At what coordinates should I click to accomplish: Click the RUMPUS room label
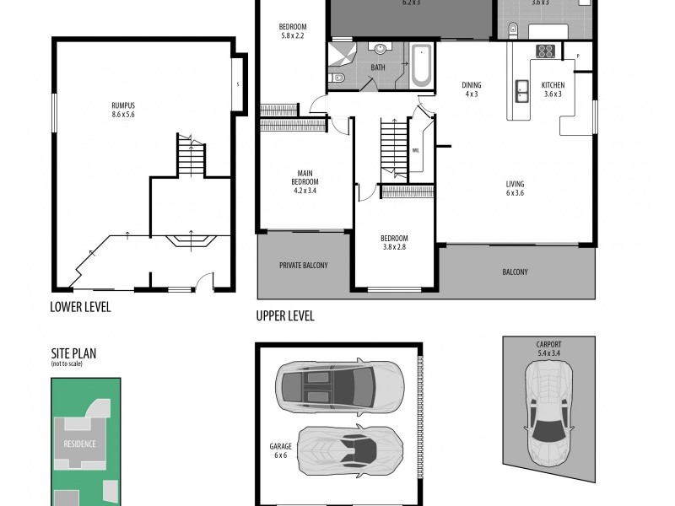click(123, 109)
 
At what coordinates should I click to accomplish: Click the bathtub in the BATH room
click(420, 67)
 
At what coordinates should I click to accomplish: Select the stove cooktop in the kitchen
click(545, 51)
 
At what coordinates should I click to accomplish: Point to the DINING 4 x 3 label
click(471, 89)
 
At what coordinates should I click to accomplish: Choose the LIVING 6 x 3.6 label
click(515, 189)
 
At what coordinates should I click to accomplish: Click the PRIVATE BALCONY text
click(303, 266)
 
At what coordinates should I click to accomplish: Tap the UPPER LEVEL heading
click(285, 316)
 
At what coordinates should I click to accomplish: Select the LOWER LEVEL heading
click(80, 307)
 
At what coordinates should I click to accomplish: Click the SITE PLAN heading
click(73, 354)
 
